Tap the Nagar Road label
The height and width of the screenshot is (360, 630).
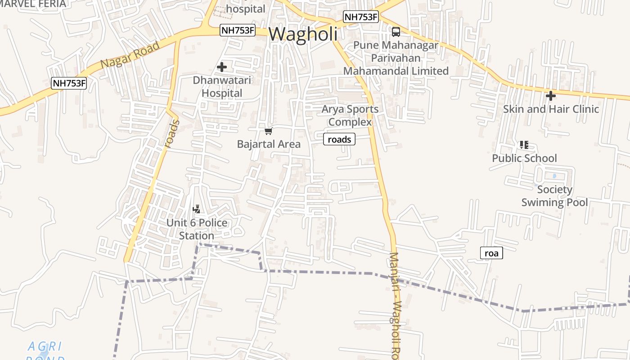click(x=130, y=55)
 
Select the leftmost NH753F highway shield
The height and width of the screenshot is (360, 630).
click(x=69, y=83)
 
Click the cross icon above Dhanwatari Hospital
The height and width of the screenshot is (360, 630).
click(x=221, y=67)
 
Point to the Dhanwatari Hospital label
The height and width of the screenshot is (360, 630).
click(x=222, y=86)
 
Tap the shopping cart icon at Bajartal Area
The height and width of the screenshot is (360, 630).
click(x=269, y=131)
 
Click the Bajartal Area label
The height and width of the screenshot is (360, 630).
click(x=269, y=144)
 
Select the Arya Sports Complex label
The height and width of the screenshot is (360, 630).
click(x=350, y=115)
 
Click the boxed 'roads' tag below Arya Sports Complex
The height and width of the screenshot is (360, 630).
click(x=339, y=139)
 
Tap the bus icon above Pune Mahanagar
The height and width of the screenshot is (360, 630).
click(x=396, y=31)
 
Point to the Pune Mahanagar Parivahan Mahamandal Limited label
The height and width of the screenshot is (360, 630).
click(x=396, y=58)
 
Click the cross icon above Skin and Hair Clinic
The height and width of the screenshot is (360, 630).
click(x=550, y=96)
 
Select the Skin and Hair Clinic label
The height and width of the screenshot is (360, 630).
click(x=551, y=109)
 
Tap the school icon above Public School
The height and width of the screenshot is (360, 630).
click(x=524, y=145)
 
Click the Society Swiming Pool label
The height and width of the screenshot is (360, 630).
click(x=554, y=196)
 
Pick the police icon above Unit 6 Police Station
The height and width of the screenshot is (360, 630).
click(x=196, y=209)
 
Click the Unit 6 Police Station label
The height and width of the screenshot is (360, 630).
click(x=197, y=229)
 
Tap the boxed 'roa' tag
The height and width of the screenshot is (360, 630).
click(x=491, y=253)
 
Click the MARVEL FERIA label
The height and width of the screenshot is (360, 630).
click(x=32, y=4)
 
